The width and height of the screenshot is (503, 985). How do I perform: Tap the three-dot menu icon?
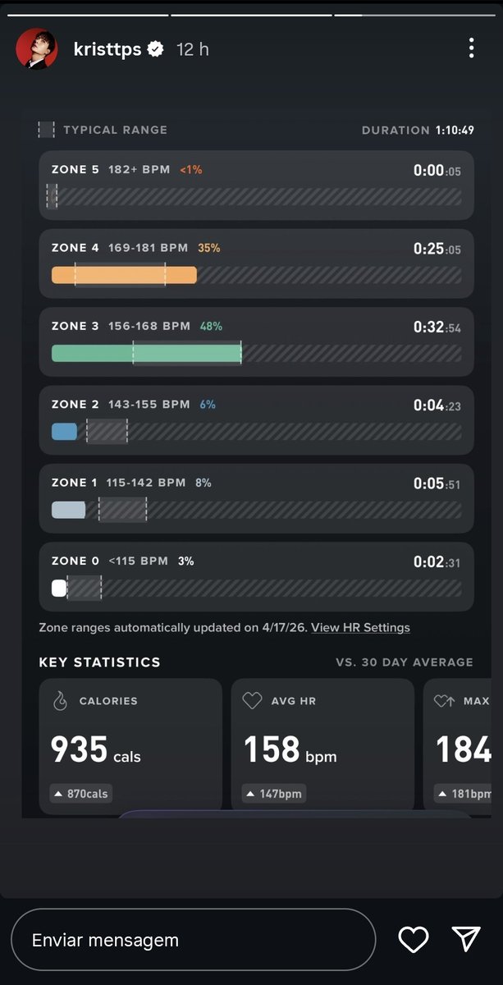coord(471,48)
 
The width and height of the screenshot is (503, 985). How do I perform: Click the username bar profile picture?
coord(36,48)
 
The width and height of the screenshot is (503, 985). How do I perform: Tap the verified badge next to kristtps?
coord(155,48)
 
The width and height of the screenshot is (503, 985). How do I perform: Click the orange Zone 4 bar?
coord(124,275)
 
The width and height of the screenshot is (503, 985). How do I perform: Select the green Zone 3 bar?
coord(146,353)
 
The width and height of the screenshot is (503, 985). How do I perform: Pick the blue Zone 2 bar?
coord(64,432)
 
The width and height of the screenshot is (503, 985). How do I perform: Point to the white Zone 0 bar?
coord(59,588)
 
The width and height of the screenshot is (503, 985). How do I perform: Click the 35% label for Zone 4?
coord(209,248)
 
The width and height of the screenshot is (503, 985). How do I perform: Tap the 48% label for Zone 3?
coord(211,327)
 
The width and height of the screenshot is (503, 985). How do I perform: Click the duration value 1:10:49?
coord(455,131)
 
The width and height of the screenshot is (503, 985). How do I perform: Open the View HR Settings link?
coord(360,627)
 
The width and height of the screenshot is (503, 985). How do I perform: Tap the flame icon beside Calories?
coord(60,700)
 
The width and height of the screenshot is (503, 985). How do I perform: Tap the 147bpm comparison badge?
coord(274,794)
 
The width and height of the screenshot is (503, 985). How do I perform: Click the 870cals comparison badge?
coord(81,794)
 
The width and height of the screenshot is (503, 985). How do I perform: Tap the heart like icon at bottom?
coord(414,940)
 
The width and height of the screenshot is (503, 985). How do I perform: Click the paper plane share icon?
coord(466,939)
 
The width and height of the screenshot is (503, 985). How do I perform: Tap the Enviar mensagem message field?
coord(194,940)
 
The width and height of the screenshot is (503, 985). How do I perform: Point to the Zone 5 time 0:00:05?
coord(437,171)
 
